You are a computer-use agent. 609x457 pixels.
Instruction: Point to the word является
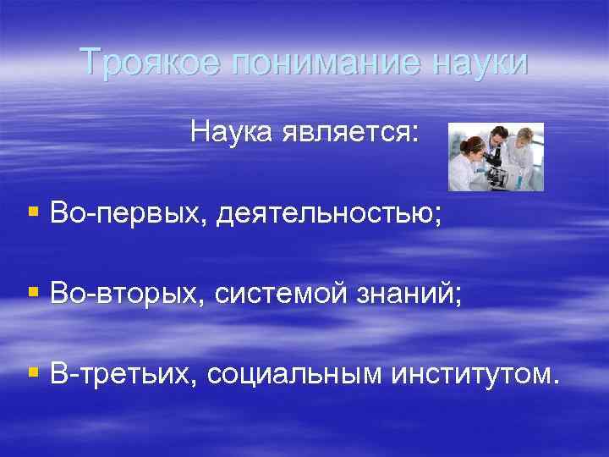(x=347, y=131)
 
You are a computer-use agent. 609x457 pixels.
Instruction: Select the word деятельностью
(x=328, y=213)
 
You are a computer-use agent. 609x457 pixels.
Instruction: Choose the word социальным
(x=294, y=373)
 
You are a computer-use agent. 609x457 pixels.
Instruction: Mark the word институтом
(x=474, y=373)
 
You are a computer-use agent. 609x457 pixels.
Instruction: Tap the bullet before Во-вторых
(x=33, y=293)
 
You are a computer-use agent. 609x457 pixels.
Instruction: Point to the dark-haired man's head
(x=499, y=136)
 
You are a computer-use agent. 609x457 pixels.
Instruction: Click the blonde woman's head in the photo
(x=525, y=136)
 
